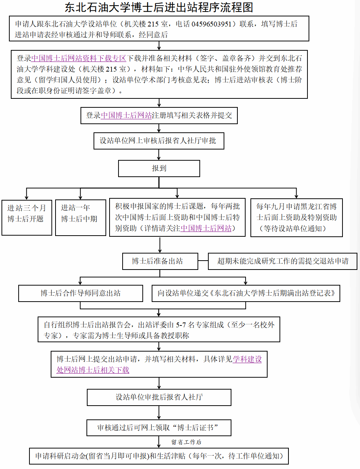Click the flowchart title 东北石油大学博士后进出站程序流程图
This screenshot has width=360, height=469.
[x=159, y=7]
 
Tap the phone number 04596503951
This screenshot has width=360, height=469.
[x=211, y=24]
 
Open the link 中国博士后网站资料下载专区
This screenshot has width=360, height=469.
[x=79, y=59]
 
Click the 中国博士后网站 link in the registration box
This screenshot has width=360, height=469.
[x=126, y=116]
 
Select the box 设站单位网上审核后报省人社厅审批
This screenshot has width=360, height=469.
[x=159, y=141]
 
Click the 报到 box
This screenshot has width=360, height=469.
[x=159, y=169]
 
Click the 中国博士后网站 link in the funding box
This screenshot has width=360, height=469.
[x=206, y=229]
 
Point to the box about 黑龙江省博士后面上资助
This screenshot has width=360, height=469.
[x=296, y=218]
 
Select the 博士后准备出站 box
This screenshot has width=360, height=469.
[x=160, y=261]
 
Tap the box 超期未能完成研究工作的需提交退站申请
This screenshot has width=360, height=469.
[x=282, y=261]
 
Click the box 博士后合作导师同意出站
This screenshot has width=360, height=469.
[x=80, y=293]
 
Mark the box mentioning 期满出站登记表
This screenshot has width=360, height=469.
[x=246, y=293]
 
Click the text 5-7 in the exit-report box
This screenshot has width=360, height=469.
[x=181, y=325]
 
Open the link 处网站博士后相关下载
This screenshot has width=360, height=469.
[x=93, y=370]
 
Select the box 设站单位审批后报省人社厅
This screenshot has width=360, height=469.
[x=159, y=397]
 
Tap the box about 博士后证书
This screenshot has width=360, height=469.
[x=159, y=428]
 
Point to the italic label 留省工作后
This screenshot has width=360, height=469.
[x=186, y=442]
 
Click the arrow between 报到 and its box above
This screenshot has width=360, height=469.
[x=159, y=155]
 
